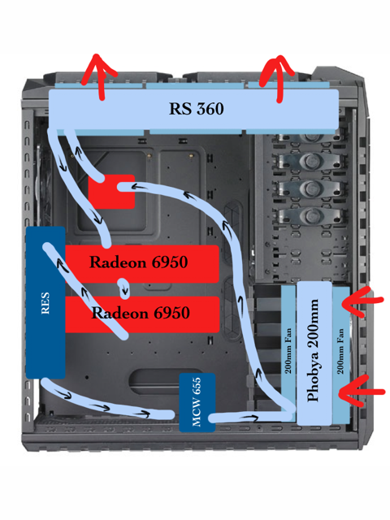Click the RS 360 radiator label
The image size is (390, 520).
[197, 109]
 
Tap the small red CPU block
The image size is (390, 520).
[111, 192]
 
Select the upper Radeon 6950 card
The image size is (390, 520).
[142, 264]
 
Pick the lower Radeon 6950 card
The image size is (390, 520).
[142, 314]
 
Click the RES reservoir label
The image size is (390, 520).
[45, 303]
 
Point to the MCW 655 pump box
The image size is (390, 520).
[197, 402]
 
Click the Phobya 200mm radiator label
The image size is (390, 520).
[313, 350]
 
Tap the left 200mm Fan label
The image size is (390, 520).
[288, 351]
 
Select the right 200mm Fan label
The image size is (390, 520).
[340, 351]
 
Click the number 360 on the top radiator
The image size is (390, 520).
[210, 109]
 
